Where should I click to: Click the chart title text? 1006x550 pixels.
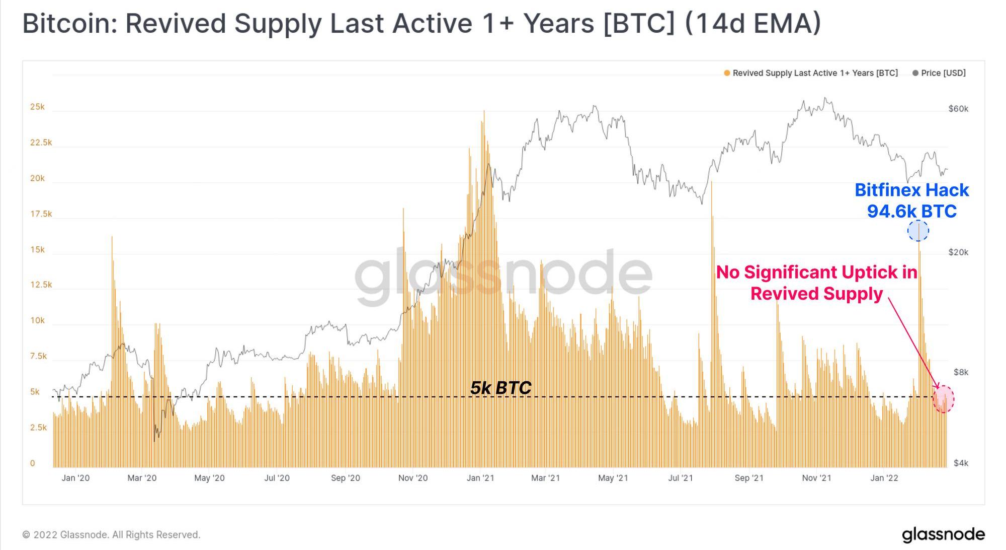422,24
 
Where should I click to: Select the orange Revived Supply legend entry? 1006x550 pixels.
811,73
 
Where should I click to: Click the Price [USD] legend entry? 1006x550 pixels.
939,73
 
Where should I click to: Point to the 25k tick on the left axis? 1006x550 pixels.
37,107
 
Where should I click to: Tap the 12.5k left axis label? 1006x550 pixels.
41,285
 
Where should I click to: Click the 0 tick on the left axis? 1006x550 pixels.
33,463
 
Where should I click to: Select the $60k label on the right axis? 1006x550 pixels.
958,109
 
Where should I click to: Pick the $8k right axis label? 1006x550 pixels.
961,372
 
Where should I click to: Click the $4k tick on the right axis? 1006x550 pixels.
961,463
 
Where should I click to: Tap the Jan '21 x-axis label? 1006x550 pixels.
480,478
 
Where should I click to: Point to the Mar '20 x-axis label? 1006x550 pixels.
142,478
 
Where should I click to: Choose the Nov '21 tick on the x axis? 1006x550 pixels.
816,478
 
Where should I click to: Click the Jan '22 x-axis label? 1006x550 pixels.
884,478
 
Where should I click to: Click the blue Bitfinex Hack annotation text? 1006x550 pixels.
911,200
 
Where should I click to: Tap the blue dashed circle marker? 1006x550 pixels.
918,231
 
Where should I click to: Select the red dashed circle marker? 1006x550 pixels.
944,399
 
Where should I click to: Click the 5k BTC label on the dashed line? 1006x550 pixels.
500,388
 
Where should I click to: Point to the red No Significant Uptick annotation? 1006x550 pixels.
816,283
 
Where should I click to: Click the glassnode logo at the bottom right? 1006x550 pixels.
943,534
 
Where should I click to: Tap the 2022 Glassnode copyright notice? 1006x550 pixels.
111,534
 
